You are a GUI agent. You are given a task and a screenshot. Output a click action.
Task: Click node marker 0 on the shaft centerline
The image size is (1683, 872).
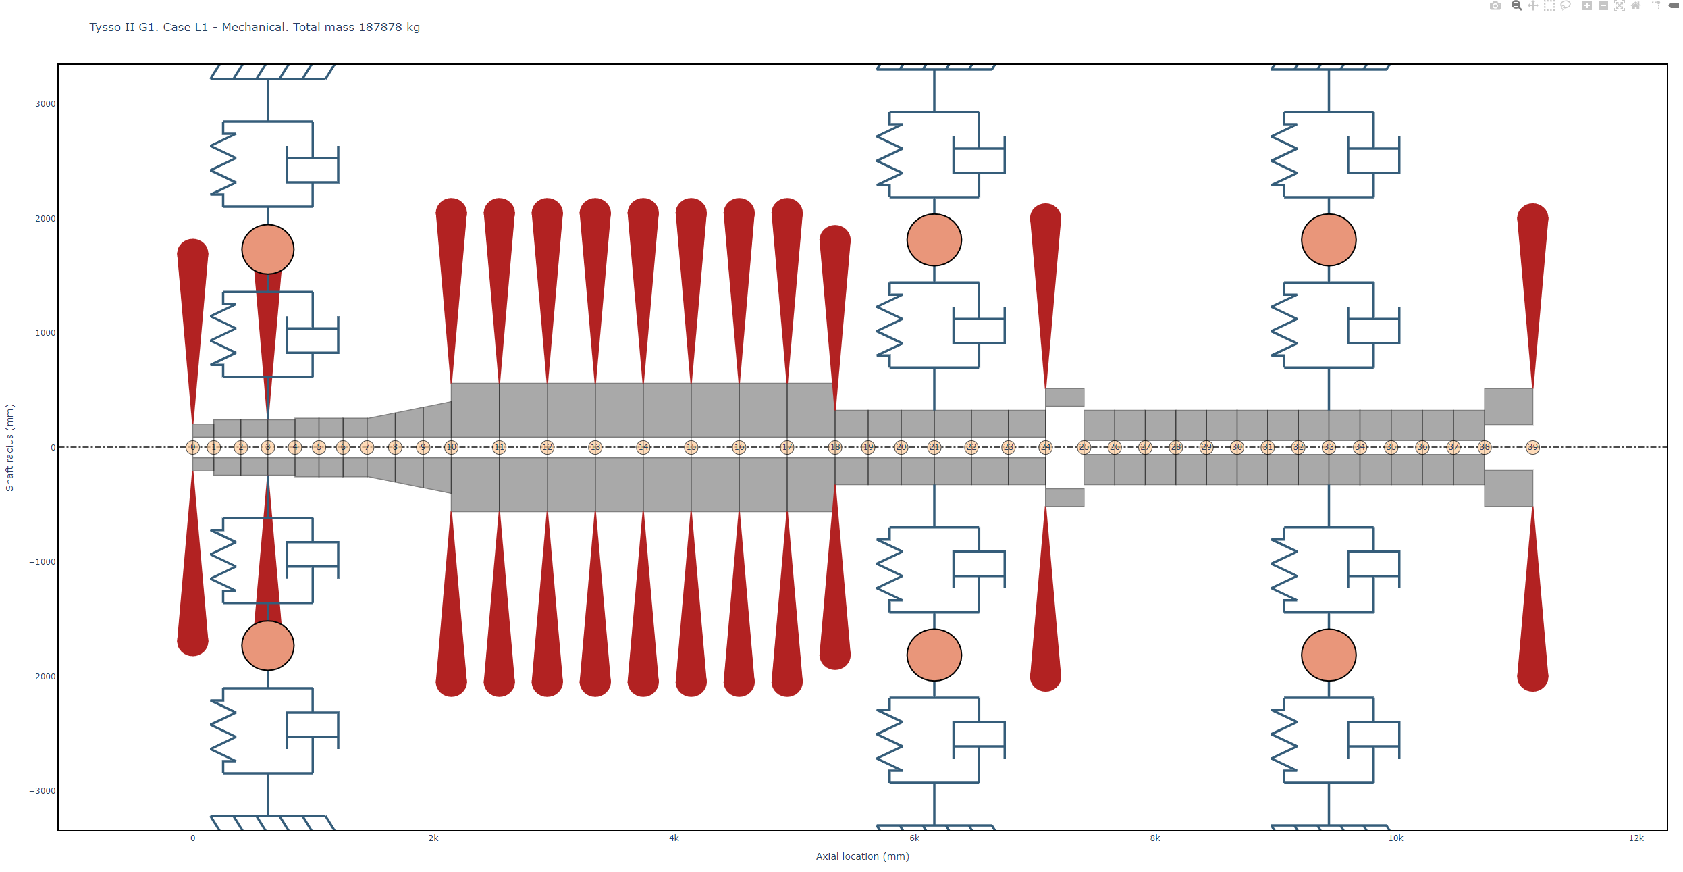pos(192,447)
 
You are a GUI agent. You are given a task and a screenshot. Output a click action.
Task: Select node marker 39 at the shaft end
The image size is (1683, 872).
pos(1532,447)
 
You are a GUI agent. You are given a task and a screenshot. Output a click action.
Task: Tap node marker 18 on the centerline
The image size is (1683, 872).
pos(835,447)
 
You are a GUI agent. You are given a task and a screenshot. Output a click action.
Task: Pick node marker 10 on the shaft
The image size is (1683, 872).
pos(452,447)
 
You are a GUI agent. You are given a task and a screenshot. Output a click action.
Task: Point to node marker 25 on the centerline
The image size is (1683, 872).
pos(1084,447)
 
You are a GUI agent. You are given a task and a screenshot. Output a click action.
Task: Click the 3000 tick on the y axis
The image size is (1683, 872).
pos(45,104)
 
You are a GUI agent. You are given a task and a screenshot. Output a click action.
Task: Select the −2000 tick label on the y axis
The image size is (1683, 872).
pos(43,677)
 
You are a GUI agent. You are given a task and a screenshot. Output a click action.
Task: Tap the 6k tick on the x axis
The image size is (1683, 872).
pos(914,838)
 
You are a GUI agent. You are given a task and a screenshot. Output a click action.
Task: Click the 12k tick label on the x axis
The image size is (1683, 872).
pos(1636,838)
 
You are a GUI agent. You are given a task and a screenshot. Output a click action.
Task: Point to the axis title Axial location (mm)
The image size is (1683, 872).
pos(862,856)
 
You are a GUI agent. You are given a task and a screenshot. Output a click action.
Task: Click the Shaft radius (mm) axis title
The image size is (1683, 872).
pos(9,447)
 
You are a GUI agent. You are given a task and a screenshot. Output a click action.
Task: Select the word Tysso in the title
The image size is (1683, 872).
pos(105,27)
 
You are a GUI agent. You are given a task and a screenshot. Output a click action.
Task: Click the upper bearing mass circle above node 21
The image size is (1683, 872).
pos(934,240)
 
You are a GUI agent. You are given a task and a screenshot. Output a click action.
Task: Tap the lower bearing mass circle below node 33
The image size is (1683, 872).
pos(1329,655)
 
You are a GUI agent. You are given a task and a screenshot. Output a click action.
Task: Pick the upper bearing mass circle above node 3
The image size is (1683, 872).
pos(268,249)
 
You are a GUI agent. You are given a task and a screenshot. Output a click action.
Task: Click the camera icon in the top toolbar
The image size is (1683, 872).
pos(1495,6)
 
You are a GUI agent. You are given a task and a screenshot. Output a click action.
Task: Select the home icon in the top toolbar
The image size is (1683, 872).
pos(1636,6)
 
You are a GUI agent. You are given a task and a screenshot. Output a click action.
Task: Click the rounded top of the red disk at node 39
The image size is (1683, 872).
pos(1532,215)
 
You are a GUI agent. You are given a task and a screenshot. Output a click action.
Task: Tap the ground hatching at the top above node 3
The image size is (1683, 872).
pos(270,72)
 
